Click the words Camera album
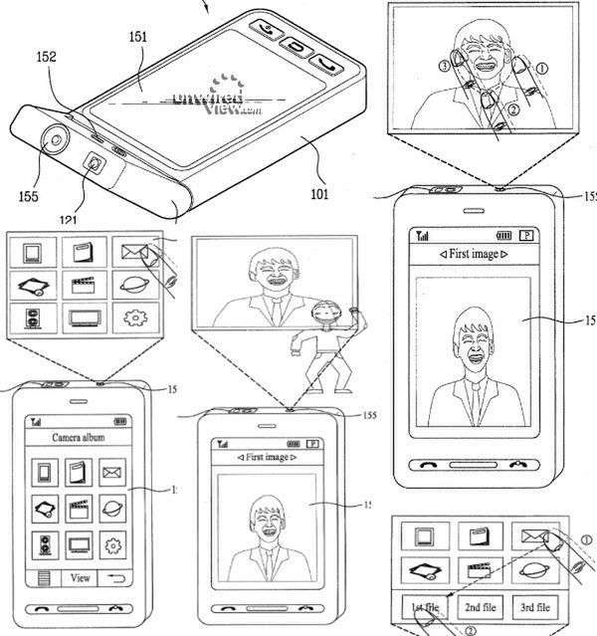[79, 436]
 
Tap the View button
[81, 577]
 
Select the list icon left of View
[45, 577]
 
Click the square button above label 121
[95, 164]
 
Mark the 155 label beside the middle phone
[370, 415]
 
